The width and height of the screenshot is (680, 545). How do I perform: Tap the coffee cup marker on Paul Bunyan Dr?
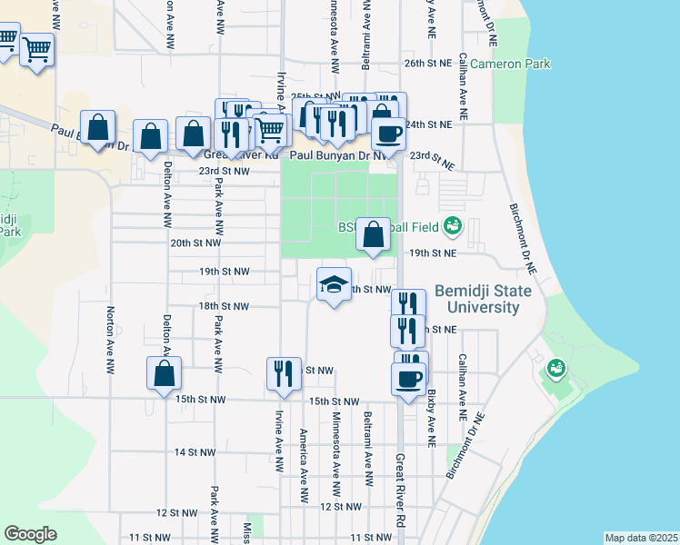coord(388,134)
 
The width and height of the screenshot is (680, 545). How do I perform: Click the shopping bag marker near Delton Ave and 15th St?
coord(164,373)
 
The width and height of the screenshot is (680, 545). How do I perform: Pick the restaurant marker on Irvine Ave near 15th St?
coord(284,373)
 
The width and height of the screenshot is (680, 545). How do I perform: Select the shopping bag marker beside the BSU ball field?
coord(373,234)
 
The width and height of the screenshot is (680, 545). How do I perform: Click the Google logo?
coord(30,533)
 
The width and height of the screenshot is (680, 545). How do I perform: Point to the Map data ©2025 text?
coord(640,538)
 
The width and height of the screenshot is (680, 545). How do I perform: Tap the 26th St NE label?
coord(427,64)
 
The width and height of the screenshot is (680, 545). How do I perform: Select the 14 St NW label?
coord(195,451)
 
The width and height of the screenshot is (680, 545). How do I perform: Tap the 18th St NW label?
coord(224,306)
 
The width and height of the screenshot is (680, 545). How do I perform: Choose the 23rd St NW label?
coord(224,170)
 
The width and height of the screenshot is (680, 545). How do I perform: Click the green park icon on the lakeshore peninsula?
coord(555,369)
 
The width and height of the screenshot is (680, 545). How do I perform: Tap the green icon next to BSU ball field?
coord(453,226)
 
